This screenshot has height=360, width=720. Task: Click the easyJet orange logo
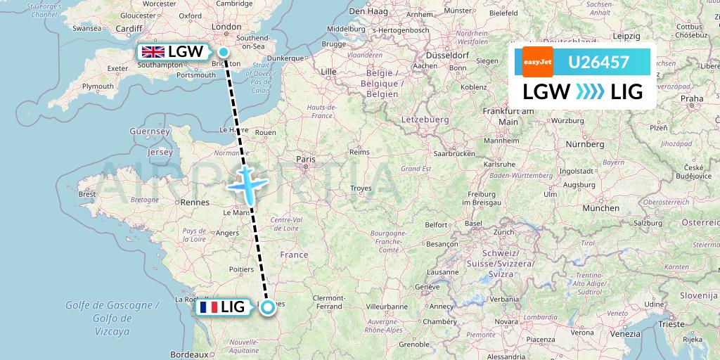pyautogui.click(x=537, y=62)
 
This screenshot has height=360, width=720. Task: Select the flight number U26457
pyautogui.click(x=598, y=63)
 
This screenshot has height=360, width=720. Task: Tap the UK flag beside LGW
pyautogui.click(x=153, y=52)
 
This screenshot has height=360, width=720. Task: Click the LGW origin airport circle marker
pyautogui.click(x=224, y=51)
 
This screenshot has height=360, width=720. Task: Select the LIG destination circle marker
pyautogui.click(x=268, y=307)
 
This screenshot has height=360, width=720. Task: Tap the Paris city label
pyautogui.click(x=306, y=160)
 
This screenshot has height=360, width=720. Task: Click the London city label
pyautogui.click(x=226, y=27)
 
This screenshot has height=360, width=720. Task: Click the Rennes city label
pyautogui.click(x=196, y=202)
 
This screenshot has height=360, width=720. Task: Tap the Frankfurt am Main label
pyautogui.click(x=510, y=116)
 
